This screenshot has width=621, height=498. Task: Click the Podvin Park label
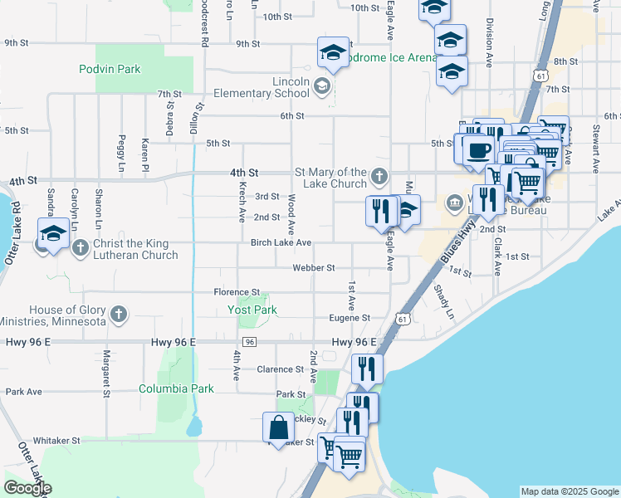(110, 69)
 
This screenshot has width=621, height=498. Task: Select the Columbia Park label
(176, 388)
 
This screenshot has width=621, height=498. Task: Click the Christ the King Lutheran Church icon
(81, 246)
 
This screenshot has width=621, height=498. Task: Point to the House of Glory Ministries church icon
(119, 314)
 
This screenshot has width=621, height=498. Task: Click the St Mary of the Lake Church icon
(379, 175)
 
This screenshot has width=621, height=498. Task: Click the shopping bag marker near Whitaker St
(279, 427)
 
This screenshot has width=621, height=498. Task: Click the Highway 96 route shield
(249, 342)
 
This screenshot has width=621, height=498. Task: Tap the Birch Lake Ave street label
(281, 242)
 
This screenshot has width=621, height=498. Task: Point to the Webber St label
(313, 267)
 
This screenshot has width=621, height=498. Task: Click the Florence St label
(237, 292)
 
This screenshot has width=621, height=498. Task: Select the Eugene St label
(349, 317)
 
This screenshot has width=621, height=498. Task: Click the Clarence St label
(280, 369)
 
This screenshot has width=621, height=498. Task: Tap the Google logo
(27, 488)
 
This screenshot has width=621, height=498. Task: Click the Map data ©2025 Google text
(570, 491)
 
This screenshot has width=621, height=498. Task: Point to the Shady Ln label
(444, 301)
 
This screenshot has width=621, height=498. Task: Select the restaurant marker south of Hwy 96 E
(366, 368)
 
